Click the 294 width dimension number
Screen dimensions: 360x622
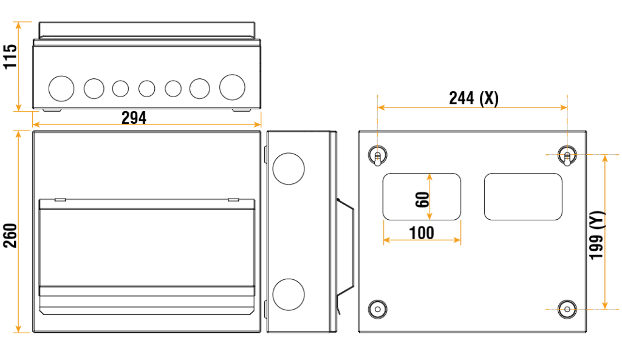point(134,118)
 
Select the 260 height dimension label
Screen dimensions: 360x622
point(10,236)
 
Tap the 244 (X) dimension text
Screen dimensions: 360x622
point(473,98)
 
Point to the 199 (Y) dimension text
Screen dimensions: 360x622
point(598,236)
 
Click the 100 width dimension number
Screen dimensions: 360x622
point(422,233)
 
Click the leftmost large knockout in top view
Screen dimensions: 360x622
point(61,89)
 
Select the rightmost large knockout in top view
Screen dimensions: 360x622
point(232,88)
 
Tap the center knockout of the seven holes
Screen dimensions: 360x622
point(146,89)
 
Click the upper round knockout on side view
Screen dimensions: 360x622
point(288,169)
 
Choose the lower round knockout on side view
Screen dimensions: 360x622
point(288,294)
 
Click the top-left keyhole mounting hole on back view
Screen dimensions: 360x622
point(377,156)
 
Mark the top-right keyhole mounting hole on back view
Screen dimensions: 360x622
point(567,156)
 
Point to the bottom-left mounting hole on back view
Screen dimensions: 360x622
point(377,308)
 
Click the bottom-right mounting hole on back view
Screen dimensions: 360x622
point(567,308)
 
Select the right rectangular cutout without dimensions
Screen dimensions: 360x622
point(523,197)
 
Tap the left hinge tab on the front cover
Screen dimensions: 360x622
point(60,199)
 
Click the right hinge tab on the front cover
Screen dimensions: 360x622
point(233,199)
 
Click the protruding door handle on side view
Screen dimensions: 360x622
point(345,249)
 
